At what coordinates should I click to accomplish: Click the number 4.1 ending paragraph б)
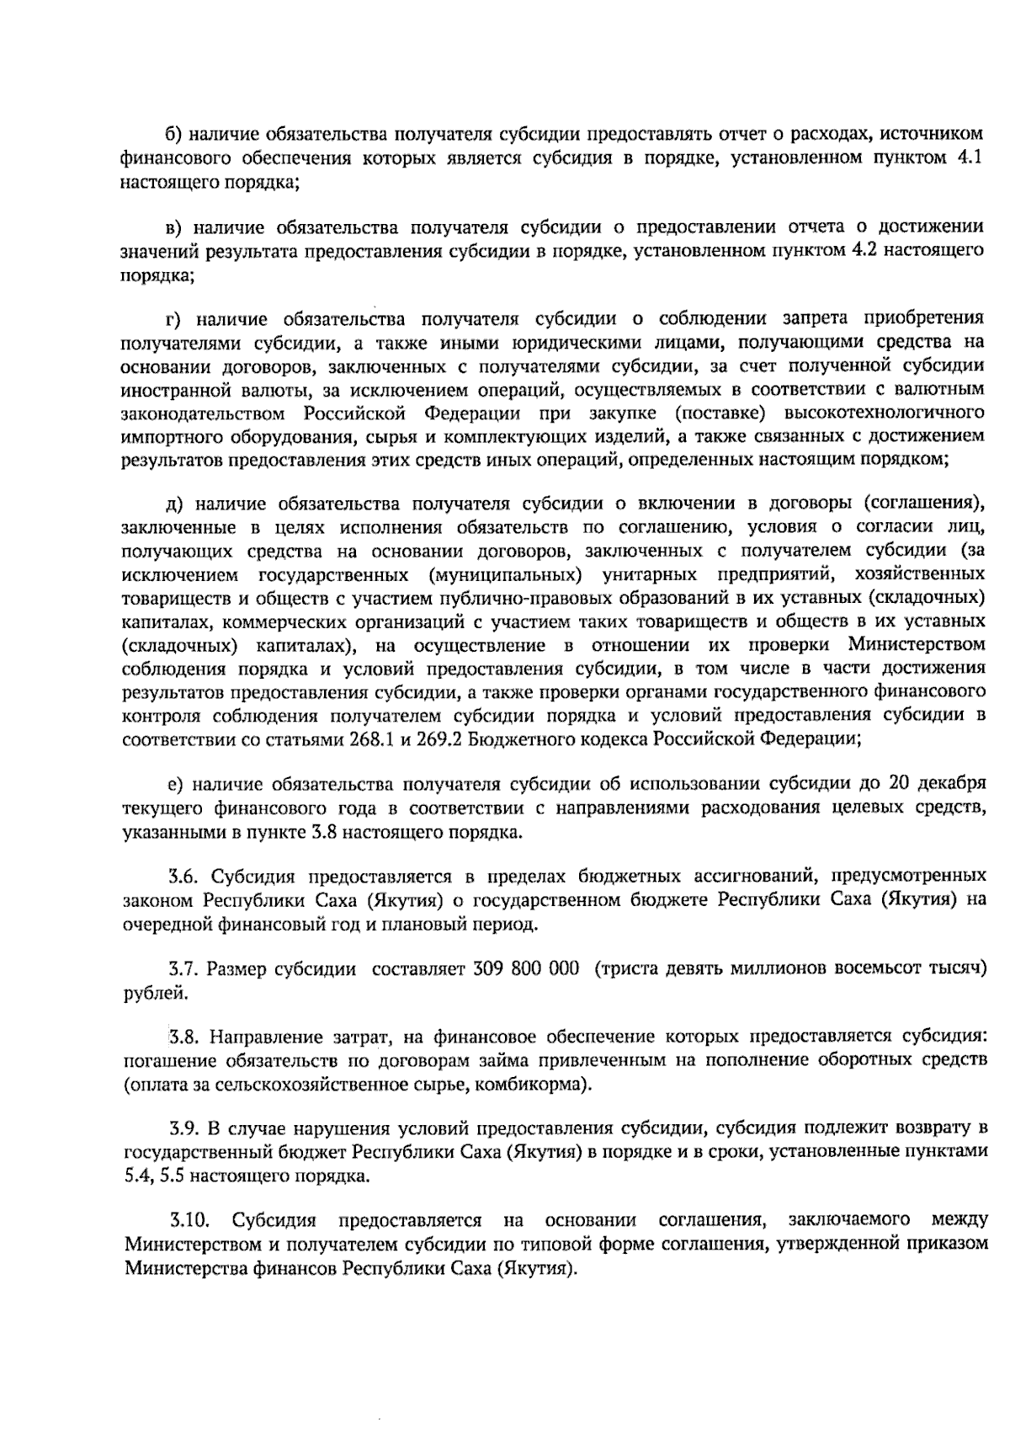[972, 157]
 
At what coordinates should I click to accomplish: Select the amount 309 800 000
[526, 968]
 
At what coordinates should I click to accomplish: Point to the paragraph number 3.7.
[183, 968]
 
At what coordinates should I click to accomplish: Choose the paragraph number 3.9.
[183, 1128]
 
